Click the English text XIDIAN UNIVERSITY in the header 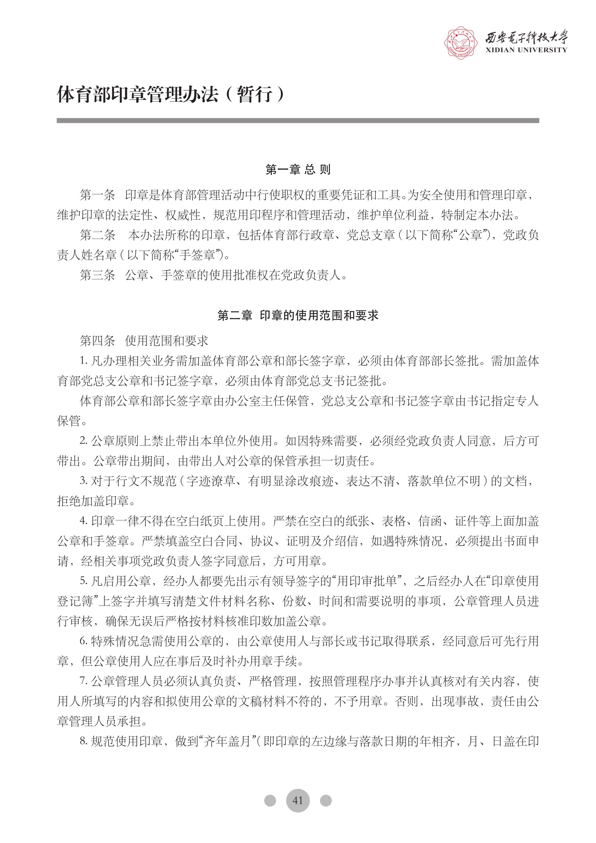pyautogui.click(x=526, y=50)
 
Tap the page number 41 pyautogui.click(x=298, y=800)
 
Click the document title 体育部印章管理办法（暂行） pyautogui.click(x=171, y=94)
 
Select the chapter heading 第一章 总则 pyautogui.click(x=298, y=170)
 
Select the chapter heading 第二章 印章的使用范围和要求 pyautogui.click(x=298, y=315)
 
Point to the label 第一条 pyautogui.click(x=97, y=195)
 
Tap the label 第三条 pyautogui.click(x=97, y=275)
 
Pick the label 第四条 pyautogui.click(x=97, y=341)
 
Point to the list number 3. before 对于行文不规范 pyautogui.click(x=84, y=481)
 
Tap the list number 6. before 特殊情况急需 pyautogui.click(x=84, y=641)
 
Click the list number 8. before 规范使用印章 pyautogui.click(x=84, y=741)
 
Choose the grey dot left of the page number pyautogui.click(x=270, y=800)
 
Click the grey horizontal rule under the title pyautogui.click(x=298, y=120)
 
